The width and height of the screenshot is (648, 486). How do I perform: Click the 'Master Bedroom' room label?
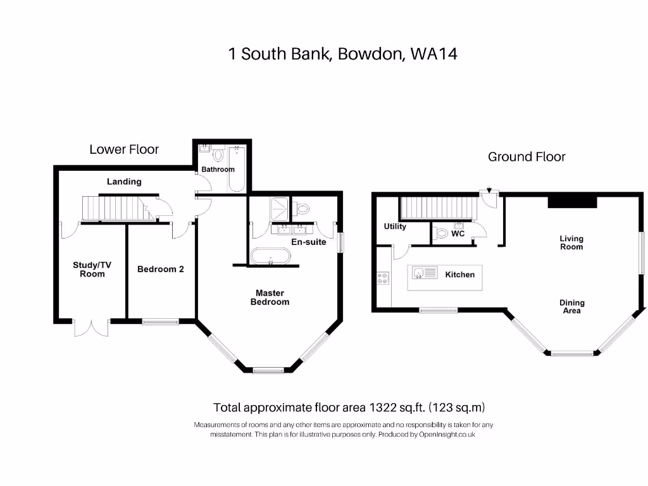point(270,297)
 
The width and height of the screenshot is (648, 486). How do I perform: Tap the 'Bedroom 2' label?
point(161,269)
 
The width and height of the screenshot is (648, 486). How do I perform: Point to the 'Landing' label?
point(124,182)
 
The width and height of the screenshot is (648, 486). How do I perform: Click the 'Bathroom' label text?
point(218,169)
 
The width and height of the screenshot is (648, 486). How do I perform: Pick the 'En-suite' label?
point(308,241)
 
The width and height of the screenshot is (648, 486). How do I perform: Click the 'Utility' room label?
point(395,227)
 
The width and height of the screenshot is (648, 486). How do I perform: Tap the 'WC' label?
point(458,234)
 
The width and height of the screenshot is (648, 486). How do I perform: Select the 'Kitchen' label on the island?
point(459,275)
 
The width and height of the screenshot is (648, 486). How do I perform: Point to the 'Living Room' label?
point(571,243)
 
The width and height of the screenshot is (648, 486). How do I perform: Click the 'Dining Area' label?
point(571,307)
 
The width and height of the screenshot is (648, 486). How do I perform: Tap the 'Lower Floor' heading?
point(124,150)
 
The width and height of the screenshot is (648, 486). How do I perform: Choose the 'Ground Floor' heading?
point(526,157)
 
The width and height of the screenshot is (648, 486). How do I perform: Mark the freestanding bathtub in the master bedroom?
point(271,256)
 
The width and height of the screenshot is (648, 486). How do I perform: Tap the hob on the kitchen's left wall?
point(383,278)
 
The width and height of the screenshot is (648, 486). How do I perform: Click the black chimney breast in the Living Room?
point(572,201)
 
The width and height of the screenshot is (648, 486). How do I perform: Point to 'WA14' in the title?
point(433,54)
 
